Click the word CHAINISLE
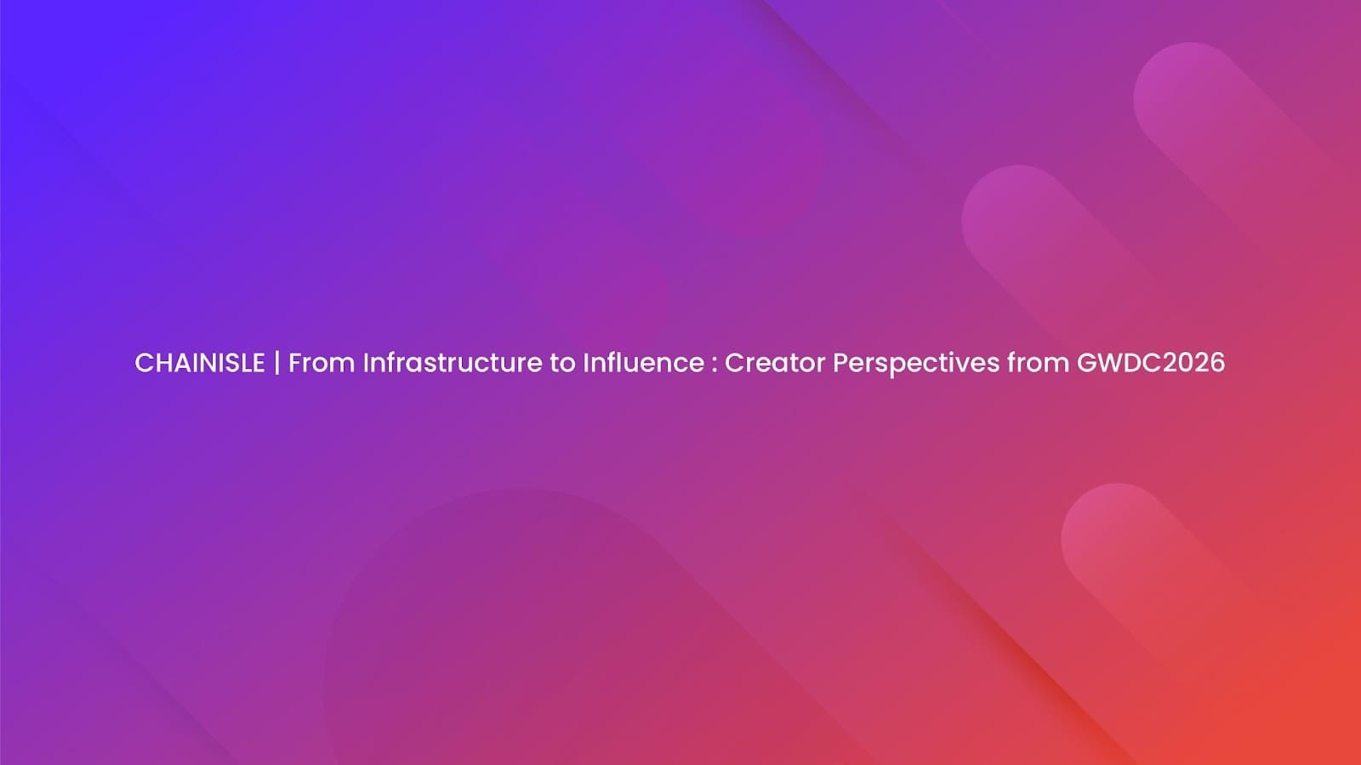(x=200, y=363)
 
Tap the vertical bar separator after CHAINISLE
(x=276, y=363)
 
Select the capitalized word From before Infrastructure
(x=321, y=363)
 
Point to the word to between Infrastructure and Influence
(x=561, y=363)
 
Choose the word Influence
(x=642, y=363)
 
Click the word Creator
(x=774, y=363)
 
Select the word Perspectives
(x=915, y=363)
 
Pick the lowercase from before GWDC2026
(x=1038, y=363)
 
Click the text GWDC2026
(x=1150, y=363)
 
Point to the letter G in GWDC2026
(x=1086, y=363)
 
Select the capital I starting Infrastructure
(x=366, y=363)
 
